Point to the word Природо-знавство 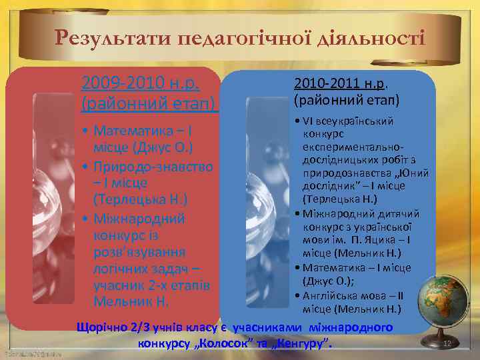pyautogui.click(x=153, y=165)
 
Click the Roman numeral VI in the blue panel pyautogui.click(x=310, y=121)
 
